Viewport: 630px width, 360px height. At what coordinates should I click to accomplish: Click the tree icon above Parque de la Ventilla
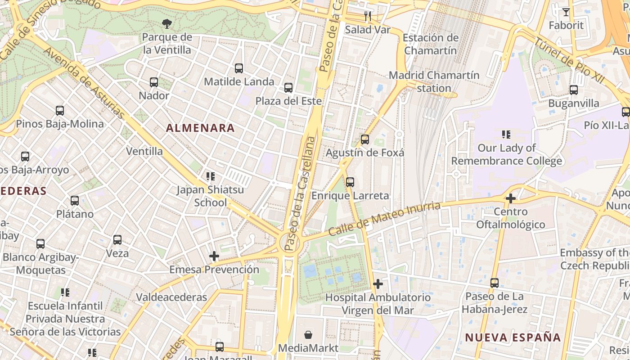tap(166, 23)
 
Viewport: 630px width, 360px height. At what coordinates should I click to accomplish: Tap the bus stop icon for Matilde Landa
tap(239, 68)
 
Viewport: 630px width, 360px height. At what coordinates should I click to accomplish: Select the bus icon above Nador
tap(154, 82)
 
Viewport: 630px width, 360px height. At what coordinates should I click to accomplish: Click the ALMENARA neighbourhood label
tap(200, 128)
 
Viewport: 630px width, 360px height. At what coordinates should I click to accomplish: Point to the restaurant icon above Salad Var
tap(368, 17)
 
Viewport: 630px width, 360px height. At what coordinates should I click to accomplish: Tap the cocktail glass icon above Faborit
tap(566, 12)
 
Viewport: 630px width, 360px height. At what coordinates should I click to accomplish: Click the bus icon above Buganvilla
tap(574, 90)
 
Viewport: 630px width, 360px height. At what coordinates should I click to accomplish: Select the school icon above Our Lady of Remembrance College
tap(506, 135)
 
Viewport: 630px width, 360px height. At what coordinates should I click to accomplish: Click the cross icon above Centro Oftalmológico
tap(510, 198)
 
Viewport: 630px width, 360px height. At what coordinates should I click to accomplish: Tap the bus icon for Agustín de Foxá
tap(365, 139)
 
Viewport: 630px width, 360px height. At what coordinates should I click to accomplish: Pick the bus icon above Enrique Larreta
tap(350, 182)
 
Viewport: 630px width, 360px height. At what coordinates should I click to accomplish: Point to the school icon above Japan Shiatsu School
tap(210, 176)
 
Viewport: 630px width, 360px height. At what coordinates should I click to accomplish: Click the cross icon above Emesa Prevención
tap(214, 256)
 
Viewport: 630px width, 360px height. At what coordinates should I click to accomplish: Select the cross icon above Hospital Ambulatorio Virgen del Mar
tap(378, 284)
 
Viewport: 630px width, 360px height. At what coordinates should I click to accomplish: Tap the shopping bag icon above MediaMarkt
tap(308, 335)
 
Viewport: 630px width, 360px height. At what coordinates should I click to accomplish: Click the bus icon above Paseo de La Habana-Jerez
tap(495, 283)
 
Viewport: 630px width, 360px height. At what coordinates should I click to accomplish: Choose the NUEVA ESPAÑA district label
tap(513, 337)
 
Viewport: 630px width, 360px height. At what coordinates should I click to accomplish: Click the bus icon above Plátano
tap(75, 201)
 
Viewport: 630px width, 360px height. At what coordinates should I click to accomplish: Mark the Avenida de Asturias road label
tap(84, 83)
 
